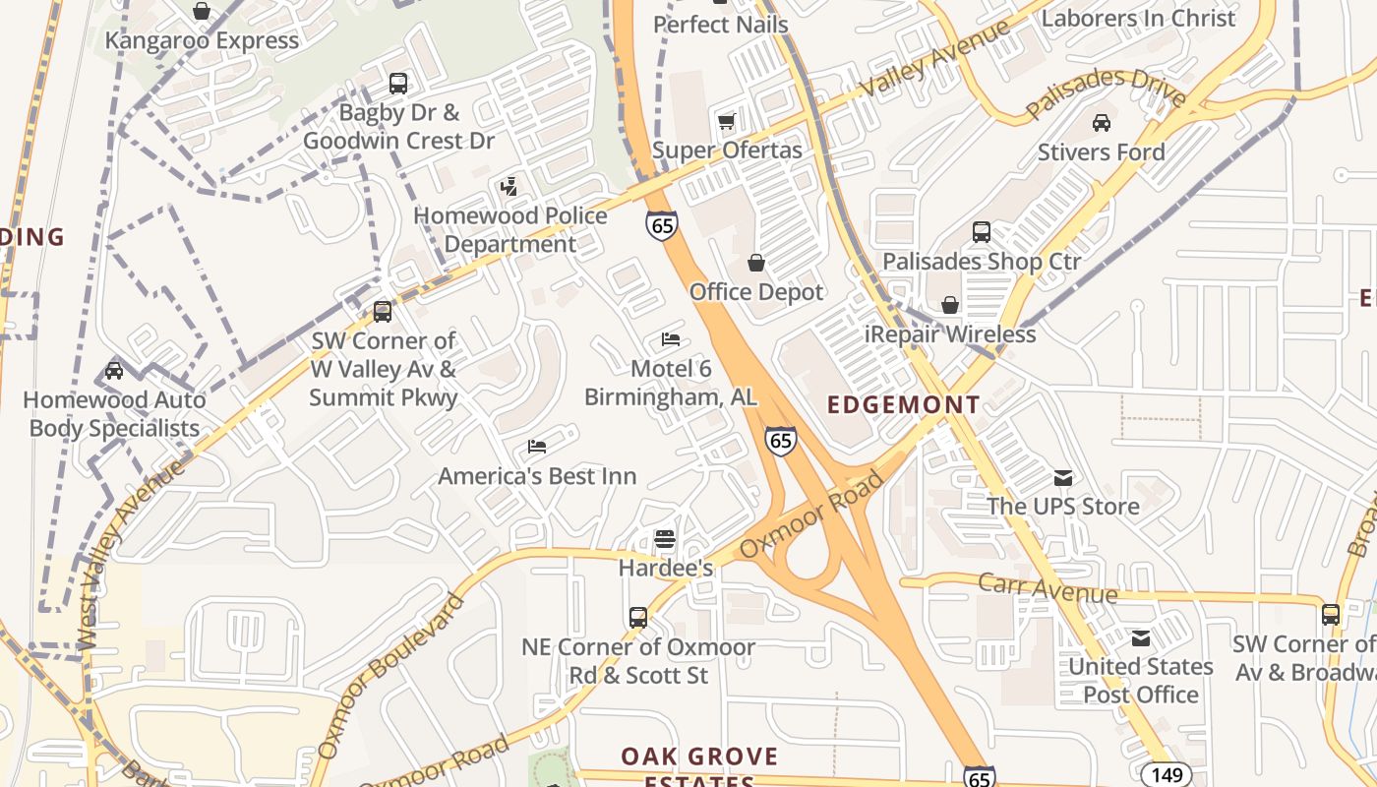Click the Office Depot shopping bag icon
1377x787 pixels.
[756, 263]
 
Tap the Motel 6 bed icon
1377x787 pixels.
[671, 339]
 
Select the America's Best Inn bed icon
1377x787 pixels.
[537, 447]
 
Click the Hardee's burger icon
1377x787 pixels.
[665, 539]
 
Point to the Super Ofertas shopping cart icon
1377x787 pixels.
[727, 121]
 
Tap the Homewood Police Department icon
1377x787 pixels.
[509, 186]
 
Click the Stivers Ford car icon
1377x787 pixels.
[1102, 123]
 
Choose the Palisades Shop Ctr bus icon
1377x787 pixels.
[982, 232]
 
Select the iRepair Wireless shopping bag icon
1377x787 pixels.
[950, 305]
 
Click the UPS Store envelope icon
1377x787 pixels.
[1063, 477]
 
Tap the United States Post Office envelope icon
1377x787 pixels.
[1141, 637]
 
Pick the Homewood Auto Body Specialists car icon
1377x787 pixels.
[114, 371]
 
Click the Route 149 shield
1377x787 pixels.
[1167, 774]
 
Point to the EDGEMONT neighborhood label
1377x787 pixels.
[904, 404]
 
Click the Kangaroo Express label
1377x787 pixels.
[202, 40]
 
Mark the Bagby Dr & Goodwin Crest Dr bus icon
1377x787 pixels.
[398, 84]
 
